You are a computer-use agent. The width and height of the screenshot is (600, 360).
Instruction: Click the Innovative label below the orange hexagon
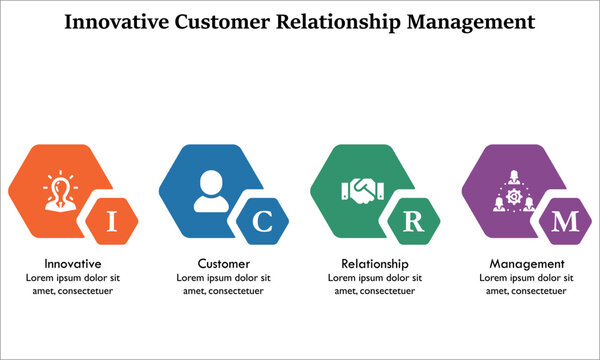[x=73, y=264]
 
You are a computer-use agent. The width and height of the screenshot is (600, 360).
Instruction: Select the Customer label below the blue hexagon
[x=224, y=264]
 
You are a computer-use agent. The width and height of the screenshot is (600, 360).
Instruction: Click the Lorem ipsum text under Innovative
[x=73, y=284]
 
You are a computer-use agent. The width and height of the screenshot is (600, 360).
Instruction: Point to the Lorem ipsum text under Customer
[x=224, y=284]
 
